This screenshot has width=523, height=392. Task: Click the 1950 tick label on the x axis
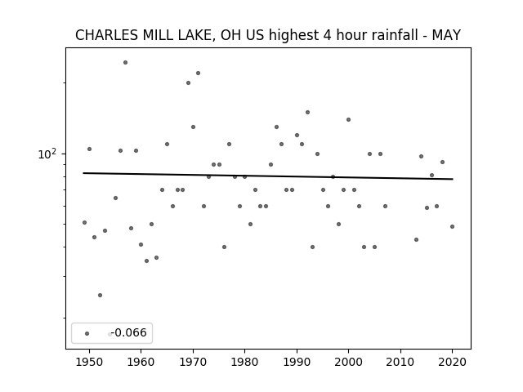pos(89,362)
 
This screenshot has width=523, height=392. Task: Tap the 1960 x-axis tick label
pos(141,362)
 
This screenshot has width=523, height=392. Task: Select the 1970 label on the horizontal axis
pos(193,362)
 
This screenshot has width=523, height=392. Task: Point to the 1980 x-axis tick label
pos(244,362)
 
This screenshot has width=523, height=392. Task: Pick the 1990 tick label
pos(297,362)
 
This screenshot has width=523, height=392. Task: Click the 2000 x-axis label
pos(348,362)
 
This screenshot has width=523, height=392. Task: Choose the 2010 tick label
pos(400,362)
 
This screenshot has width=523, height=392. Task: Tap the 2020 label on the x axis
pos(452,362)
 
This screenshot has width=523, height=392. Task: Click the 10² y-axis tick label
pos(47,154)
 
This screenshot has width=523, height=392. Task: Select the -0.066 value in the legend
pos(129,332)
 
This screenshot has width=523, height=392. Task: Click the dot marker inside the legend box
pos(87,334)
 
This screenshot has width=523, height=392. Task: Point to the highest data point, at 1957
pos(125,62)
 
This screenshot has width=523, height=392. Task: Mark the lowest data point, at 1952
pos(100,295)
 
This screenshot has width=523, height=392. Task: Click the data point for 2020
pos(452,227)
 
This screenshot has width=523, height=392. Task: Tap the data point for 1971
pos(198,73)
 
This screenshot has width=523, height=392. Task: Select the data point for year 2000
pos(349,120)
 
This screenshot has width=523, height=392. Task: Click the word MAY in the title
pos(446,35)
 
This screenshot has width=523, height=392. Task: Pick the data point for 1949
pos(84,222)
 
